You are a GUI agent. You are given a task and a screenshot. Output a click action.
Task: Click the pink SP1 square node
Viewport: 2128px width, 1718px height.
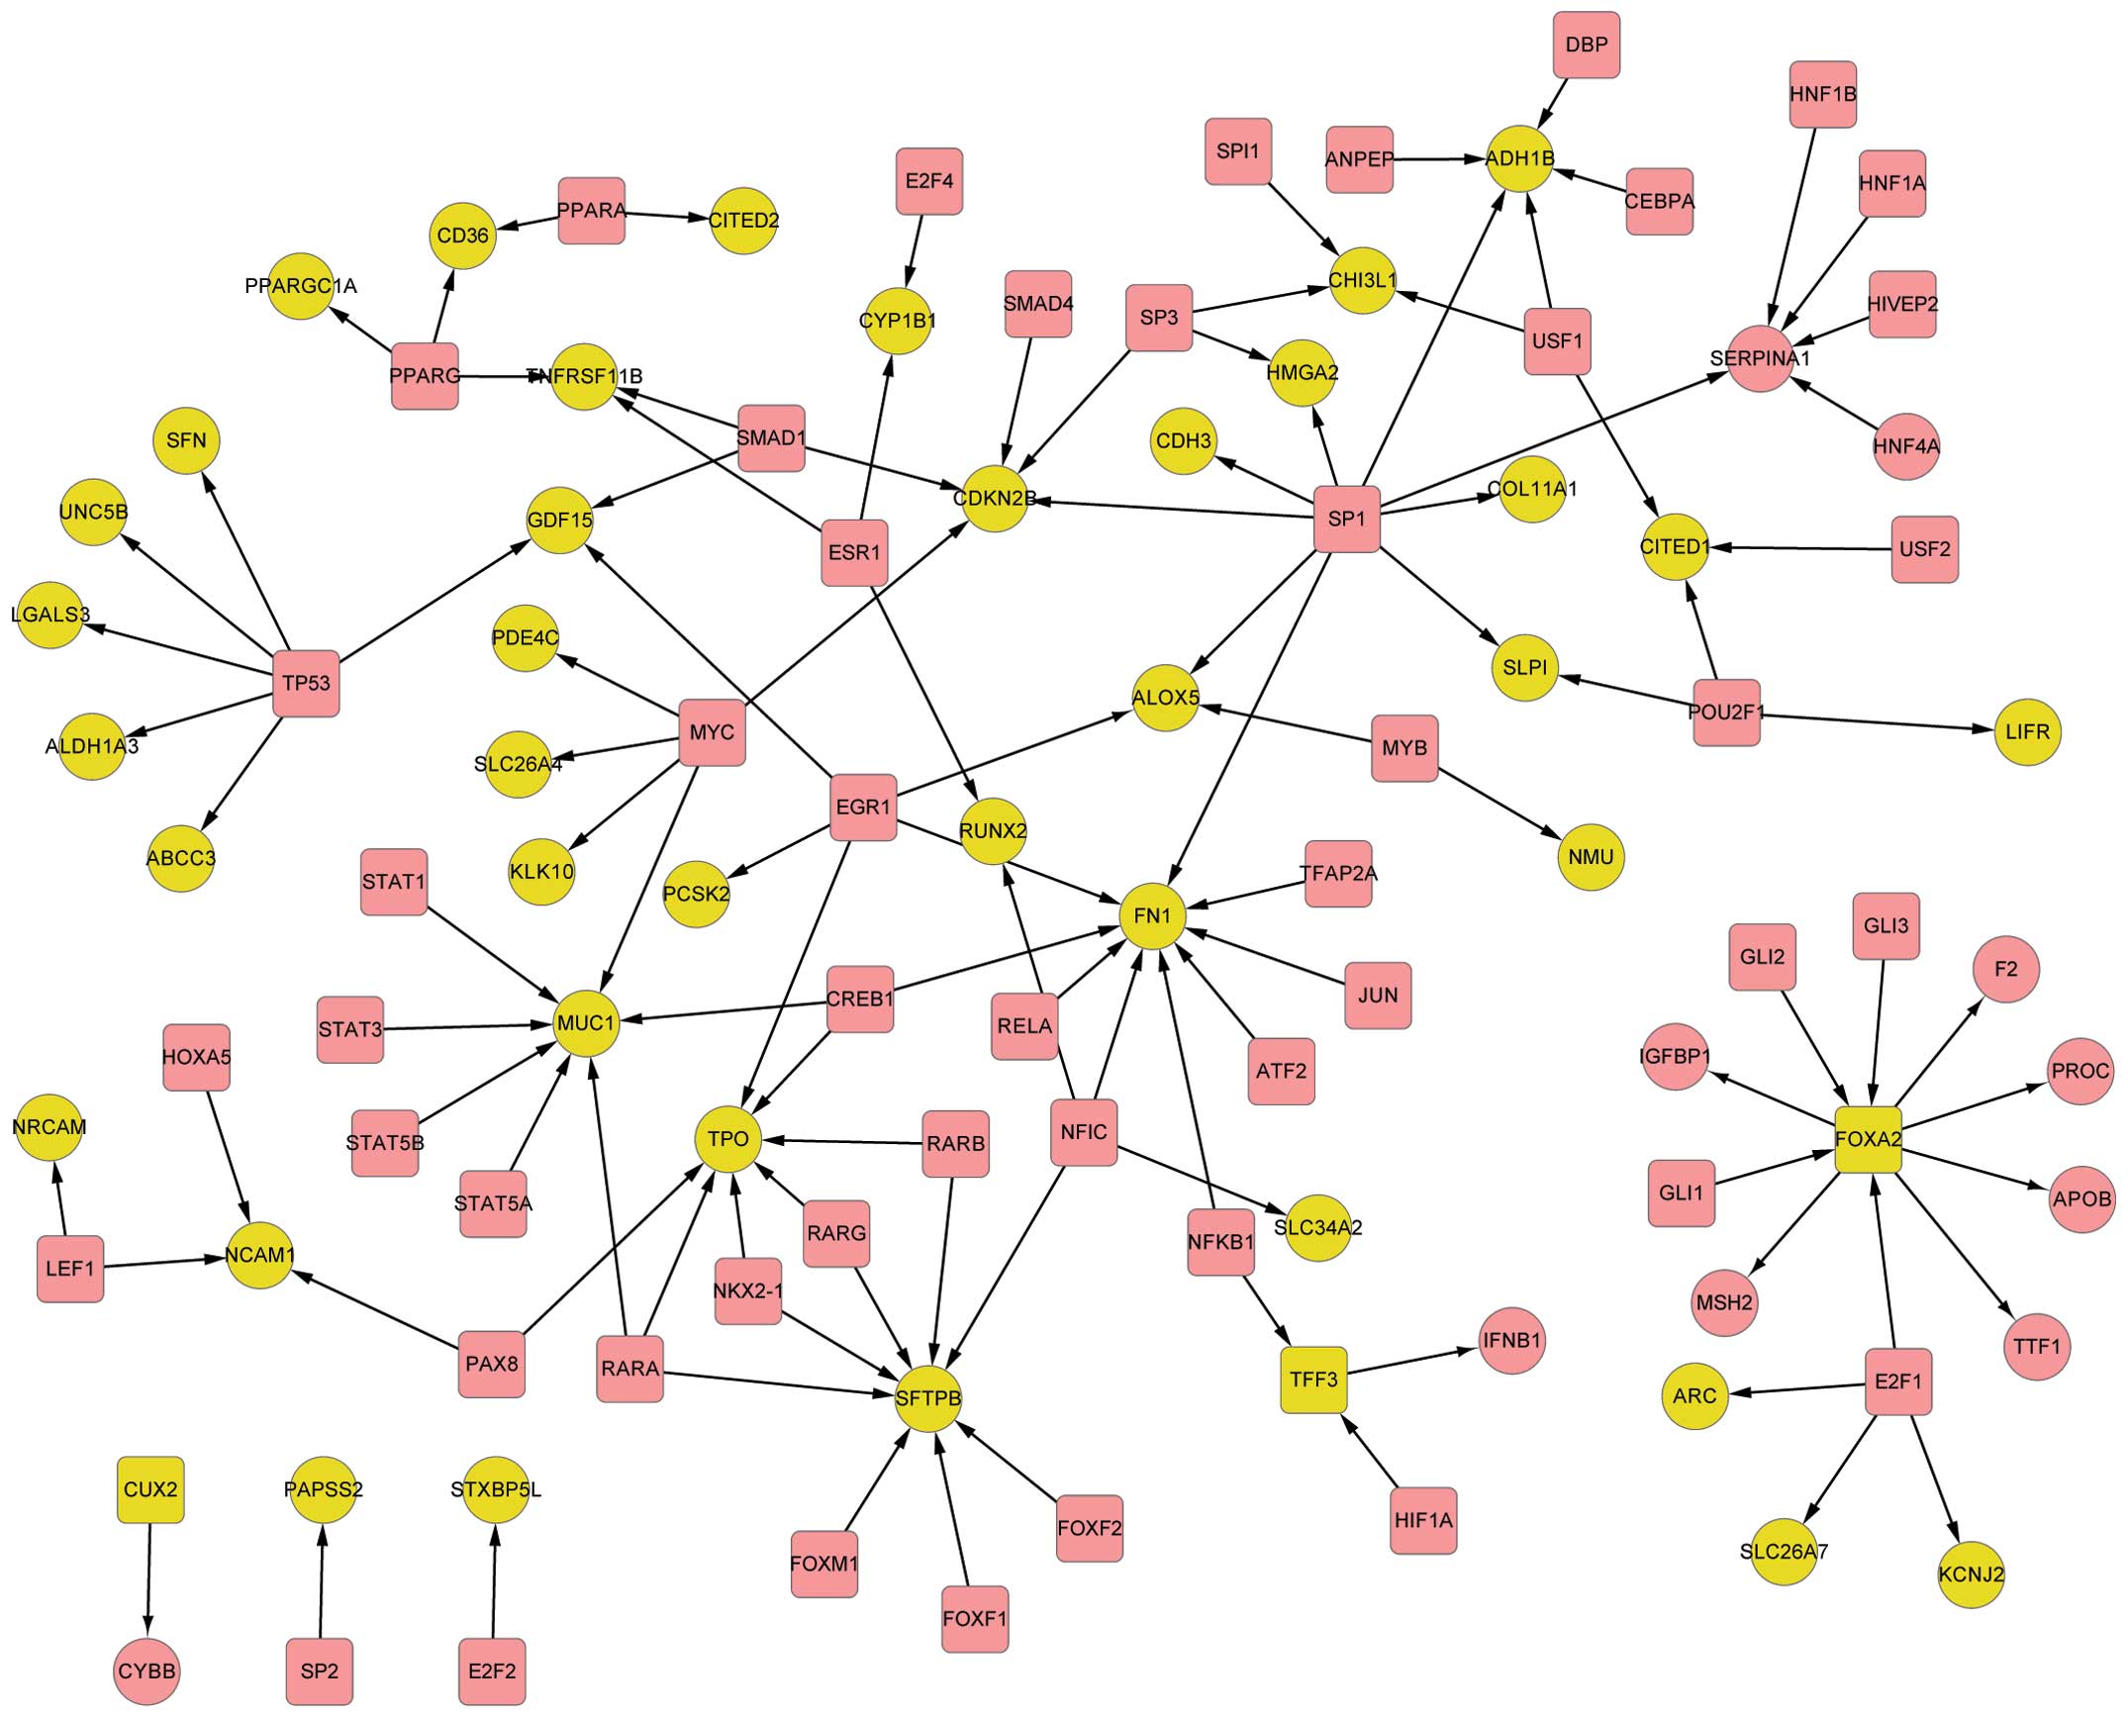(x=1346, y=519)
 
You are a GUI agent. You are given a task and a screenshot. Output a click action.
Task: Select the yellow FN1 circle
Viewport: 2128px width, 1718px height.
(x=1152, y=915)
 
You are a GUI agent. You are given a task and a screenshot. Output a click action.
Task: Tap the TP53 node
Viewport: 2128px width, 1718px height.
(x=306, y=683)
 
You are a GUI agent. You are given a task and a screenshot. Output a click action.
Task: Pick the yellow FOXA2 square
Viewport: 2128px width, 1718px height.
(x=1868, y=1139)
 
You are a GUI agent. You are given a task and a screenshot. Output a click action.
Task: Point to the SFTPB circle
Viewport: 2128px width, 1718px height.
(x=927, y=1398)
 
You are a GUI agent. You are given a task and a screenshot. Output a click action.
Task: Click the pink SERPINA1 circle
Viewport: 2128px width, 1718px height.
(x=1760, y=358)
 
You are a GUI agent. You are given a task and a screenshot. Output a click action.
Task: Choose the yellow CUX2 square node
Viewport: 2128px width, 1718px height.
(x=150, y=1489)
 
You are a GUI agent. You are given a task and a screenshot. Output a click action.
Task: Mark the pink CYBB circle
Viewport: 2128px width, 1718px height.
(x=146, y=1671)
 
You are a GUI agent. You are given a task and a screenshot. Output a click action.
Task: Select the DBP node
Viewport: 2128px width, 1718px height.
(x=1587, y=45)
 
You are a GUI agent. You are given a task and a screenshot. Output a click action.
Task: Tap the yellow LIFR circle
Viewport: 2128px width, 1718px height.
(x=2027, y=731)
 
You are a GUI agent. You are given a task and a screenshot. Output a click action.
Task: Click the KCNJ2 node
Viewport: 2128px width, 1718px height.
(x=1972, y=1574)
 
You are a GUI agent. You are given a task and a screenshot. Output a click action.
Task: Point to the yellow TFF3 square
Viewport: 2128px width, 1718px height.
(x=1313, y=1380)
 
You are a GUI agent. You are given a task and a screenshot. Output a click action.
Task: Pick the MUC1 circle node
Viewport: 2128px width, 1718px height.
(x=586, y=1022)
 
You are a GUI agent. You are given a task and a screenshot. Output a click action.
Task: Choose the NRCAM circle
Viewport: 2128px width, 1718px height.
(x=49, y=1126)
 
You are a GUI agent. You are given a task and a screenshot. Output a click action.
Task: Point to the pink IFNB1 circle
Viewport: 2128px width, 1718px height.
(x=1511, y=1341)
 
